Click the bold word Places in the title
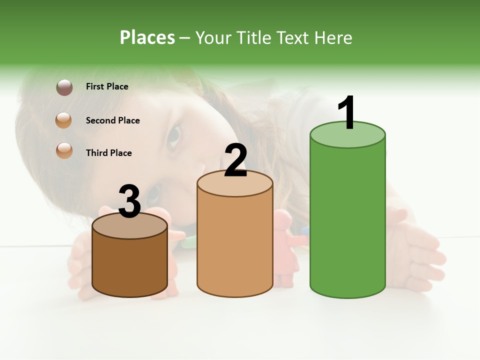tap(147, 37)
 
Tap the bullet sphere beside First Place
tap(64, 87)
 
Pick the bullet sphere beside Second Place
tap(64, 120)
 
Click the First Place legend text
tap(107, 86)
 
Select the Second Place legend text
tap(112, 120)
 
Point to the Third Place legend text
tap(108, 153)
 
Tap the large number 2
tap(235, 161)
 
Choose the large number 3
tap(129, 202)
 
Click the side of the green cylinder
tap(347, 220)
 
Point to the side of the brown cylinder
tap(129, 265)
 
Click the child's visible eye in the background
tap(173, 137)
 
